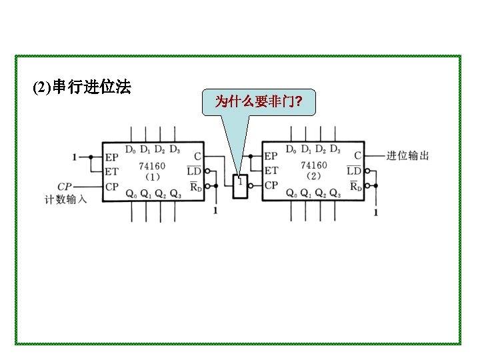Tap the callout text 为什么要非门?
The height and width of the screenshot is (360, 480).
pyautogui.click(x=257, y=102)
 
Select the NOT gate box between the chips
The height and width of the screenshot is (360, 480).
pyautogui.click(x=240, y=186)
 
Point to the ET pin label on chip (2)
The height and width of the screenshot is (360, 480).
pyautogui.click(x=271, y=171)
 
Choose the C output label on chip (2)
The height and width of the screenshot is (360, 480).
pyautogui.click(x=358, y=156)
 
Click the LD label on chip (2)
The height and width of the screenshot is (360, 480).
pyautogui.click(x=355, y=171)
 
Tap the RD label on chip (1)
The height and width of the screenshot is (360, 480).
pyautogui.click(x=195, y=187)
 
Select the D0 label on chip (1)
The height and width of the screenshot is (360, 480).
pyautogui.click(x=130, y=149)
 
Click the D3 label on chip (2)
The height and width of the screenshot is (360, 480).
pyautogui.click(x=335, y=149)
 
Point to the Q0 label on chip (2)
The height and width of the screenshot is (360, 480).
pyautogui.click(x=291, y=194)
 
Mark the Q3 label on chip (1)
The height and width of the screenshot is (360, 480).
pyautogui.click(x=175, y=194)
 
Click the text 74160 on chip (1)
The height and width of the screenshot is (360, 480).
pyautogui.click(x=153, y=165)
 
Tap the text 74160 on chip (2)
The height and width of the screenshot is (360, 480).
pyautogui.click(x=313, y=165)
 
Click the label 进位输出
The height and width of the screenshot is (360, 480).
pyautogui.click(x=407, y=156)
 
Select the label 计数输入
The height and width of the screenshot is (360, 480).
pyautogui.click(x=65, y=199)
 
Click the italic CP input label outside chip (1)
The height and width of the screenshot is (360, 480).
pyautogui.click(x=65, y=187)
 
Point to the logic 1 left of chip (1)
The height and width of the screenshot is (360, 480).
pyautogui.click(x=75, y=157)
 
